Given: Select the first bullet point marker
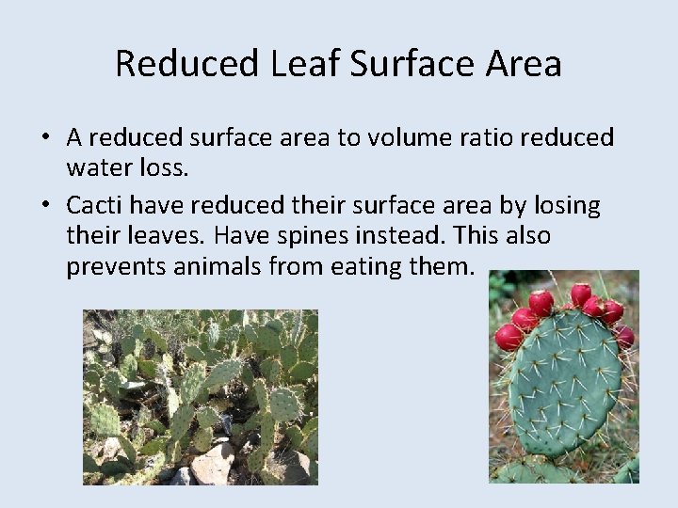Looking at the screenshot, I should click(45, 138).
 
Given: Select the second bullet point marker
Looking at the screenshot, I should click(45, 206).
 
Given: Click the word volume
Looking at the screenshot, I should click(407, 137).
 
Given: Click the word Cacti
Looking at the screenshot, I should click(94, 205).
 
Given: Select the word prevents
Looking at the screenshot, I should click(116, 266).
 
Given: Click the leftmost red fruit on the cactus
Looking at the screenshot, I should click(508, 337).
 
